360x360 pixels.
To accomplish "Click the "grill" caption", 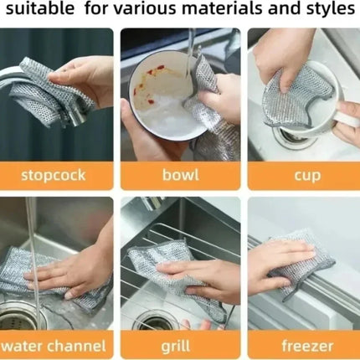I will pos(179,344).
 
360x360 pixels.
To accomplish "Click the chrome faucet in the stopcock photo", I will pos(25,100).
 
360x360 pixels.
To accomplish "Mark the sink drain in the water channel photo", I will pos(17,318).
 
